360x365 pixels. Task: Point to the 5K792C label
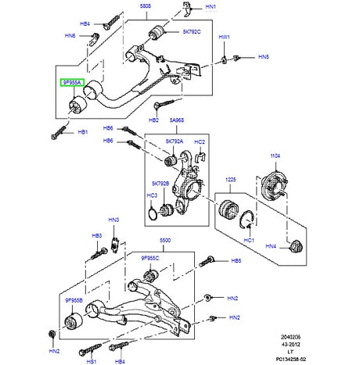click(193, 32)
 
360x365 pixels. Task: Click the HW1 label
click(225, 37)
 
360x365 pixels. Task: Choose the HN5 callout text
click(264, 57)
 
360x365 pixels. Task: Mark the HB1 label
click(83, 133)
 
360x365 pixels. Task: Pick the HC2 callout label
click(200, 142)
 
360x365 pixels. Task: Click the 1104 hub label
click(275, 156)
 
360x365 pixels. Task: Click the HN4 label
click(272, 247)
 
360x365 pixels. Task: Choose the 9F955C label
click(150, 257)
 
